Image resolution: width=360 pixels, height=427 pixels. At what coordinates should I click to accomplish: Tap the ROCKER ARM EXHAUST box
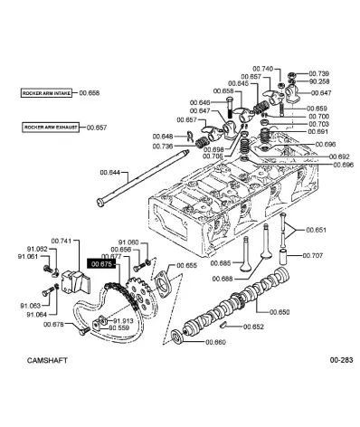tap(52, 128)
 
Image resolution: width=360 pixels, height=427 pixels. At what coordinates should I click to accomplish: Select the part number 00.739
tap(319, 73)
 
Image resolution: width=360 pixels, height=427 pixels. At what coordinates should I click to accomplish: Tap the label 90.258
tap(319, 81)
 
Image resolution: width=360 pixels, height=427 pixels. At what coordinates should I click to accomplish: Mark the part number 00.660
tap(215, 342)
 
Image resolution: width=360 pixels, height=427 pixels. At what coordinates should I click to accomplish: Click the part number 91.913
tap(124, 319)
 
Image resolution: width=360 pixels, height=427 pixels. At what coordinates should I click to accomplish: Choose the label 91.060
tap(128, 242)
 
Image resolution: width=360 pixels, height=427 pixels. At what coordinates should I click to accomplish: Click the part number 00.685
tap(219, 263)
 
